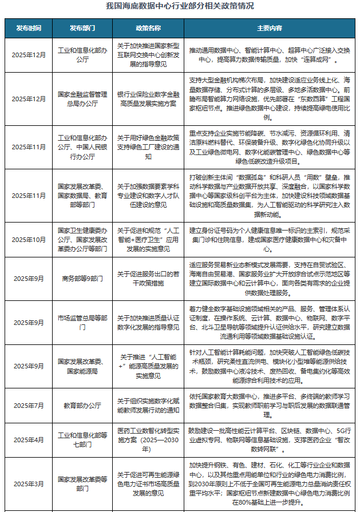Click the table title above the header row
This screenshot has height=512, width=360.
pos(180,6)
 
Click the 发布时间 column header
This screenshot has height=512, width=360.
pos(28,27)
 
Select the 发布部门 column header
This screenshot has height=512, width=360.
pos(82,27)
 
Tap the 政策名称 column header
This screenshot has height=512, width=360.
pos(148,27)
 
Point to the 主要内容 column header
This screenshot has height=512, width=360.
pos(269,27)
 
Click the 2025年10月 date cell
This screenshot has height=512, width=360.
pos(28,240)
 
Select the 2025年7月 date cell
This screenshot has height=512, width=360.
pos(28,405)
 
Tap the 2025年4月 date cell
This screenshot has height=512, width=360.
pos(28,440)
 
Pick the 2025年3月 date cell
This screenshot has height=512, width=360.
pos(28,484)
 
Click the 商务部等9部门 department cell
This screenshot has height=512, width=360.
pos(82,279)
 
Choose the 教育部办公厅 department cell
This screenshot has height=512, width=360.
pos(82,405)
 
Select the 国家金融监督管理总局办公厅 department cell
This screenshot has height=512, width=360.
pos(82,98)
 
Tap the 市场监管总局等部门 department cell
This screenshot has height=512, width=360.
pos(82,323)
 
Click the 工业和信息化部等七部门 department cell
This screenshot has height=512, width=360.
pos(82,440)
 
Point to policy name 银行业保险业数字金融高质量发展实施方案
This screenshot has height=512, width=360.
pos(148,98)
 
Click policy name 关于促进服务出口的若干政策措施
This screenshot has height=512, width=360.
pos(148,279)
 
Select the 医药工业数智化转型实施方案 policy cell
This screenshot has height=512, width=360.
pos(148,440)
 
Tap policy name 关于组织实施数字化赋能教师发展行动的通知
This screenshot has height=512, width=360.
pos(148,405)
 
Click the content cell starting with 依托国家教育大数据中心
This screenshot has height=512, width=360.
pos(269,405)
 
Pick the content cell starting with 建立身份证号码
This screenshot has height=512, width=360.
pos(269,240)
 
